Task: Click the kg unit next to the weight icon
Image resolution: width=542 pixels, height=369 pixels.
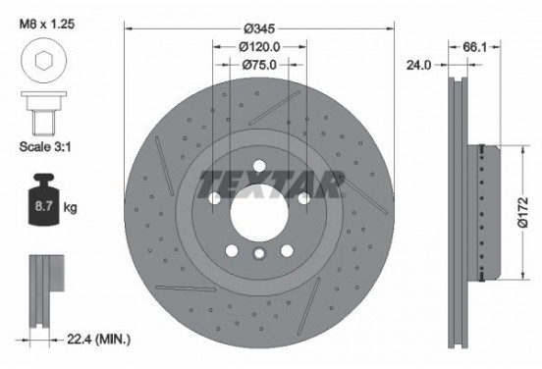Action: coord(70,209)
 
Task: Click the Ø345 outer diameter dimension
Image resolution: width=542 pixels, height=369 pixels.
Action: coord(259,28)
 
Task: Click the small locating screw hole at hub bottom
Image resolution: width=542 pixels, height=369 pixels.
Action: coord(259,255)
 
